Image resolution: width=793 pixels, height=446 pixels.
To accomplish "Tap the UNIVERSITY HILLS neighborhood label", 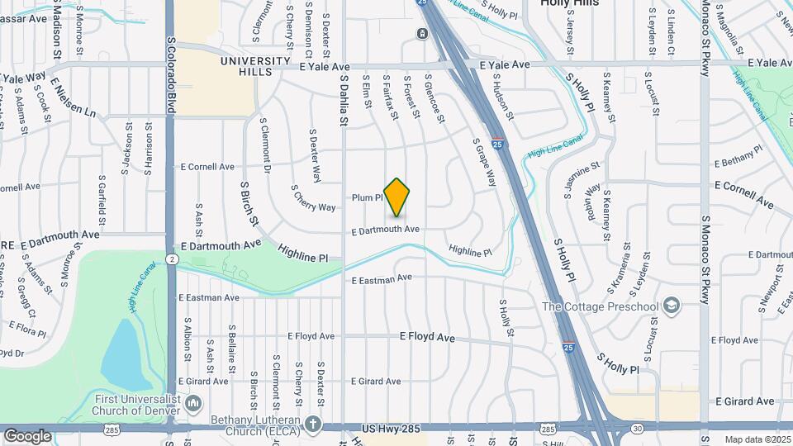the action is point(255,67).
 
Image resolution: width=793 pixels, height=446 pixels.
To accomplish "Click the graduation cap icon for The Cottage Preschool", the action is point(672,307).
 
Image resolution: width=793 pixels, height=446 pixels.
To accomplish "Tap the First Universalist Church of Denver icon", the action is point(194,404).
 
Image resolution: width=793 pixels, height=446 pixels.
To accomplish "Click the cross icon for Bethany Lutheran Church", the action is point(312,424).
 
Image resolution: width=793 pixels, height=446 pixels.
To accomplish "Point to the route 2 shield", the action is point(171,259).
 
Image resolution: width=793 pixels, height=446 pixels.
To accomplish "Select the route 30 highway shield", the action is point(636,428).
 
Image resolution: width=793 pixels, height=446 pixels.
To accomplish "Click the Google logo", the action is point(27,435).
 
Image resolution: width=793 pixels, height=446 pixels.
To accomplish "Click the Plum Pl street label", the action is point(367,198).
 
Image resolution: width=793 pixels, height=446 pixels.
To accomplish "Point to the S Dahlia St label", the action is point(344,98).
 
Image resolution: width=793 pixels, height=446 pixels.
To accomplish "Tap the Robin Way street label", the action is point(591,200).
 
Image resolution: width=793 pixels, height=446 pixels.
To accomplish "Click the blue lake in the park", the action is point(125,347).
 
